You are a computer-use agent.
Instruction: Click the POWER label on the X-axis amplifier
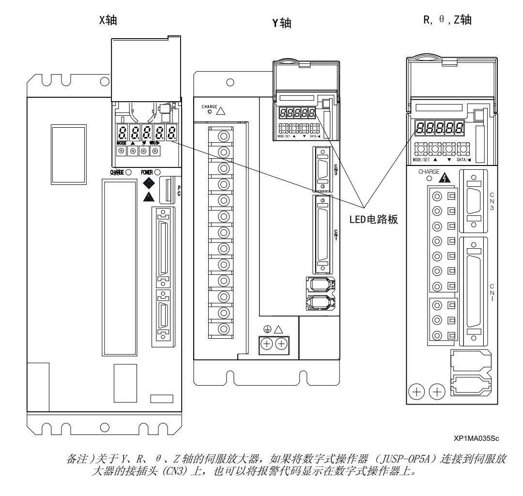(147, 172)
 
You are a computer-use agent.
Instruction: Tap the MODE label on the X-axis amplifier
(121, 143)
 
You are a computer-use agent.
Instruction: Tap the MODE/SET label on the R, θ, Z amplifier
(421, 159)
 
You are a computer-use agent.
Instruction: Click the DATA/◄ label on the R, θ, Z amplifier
(462, 159)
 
